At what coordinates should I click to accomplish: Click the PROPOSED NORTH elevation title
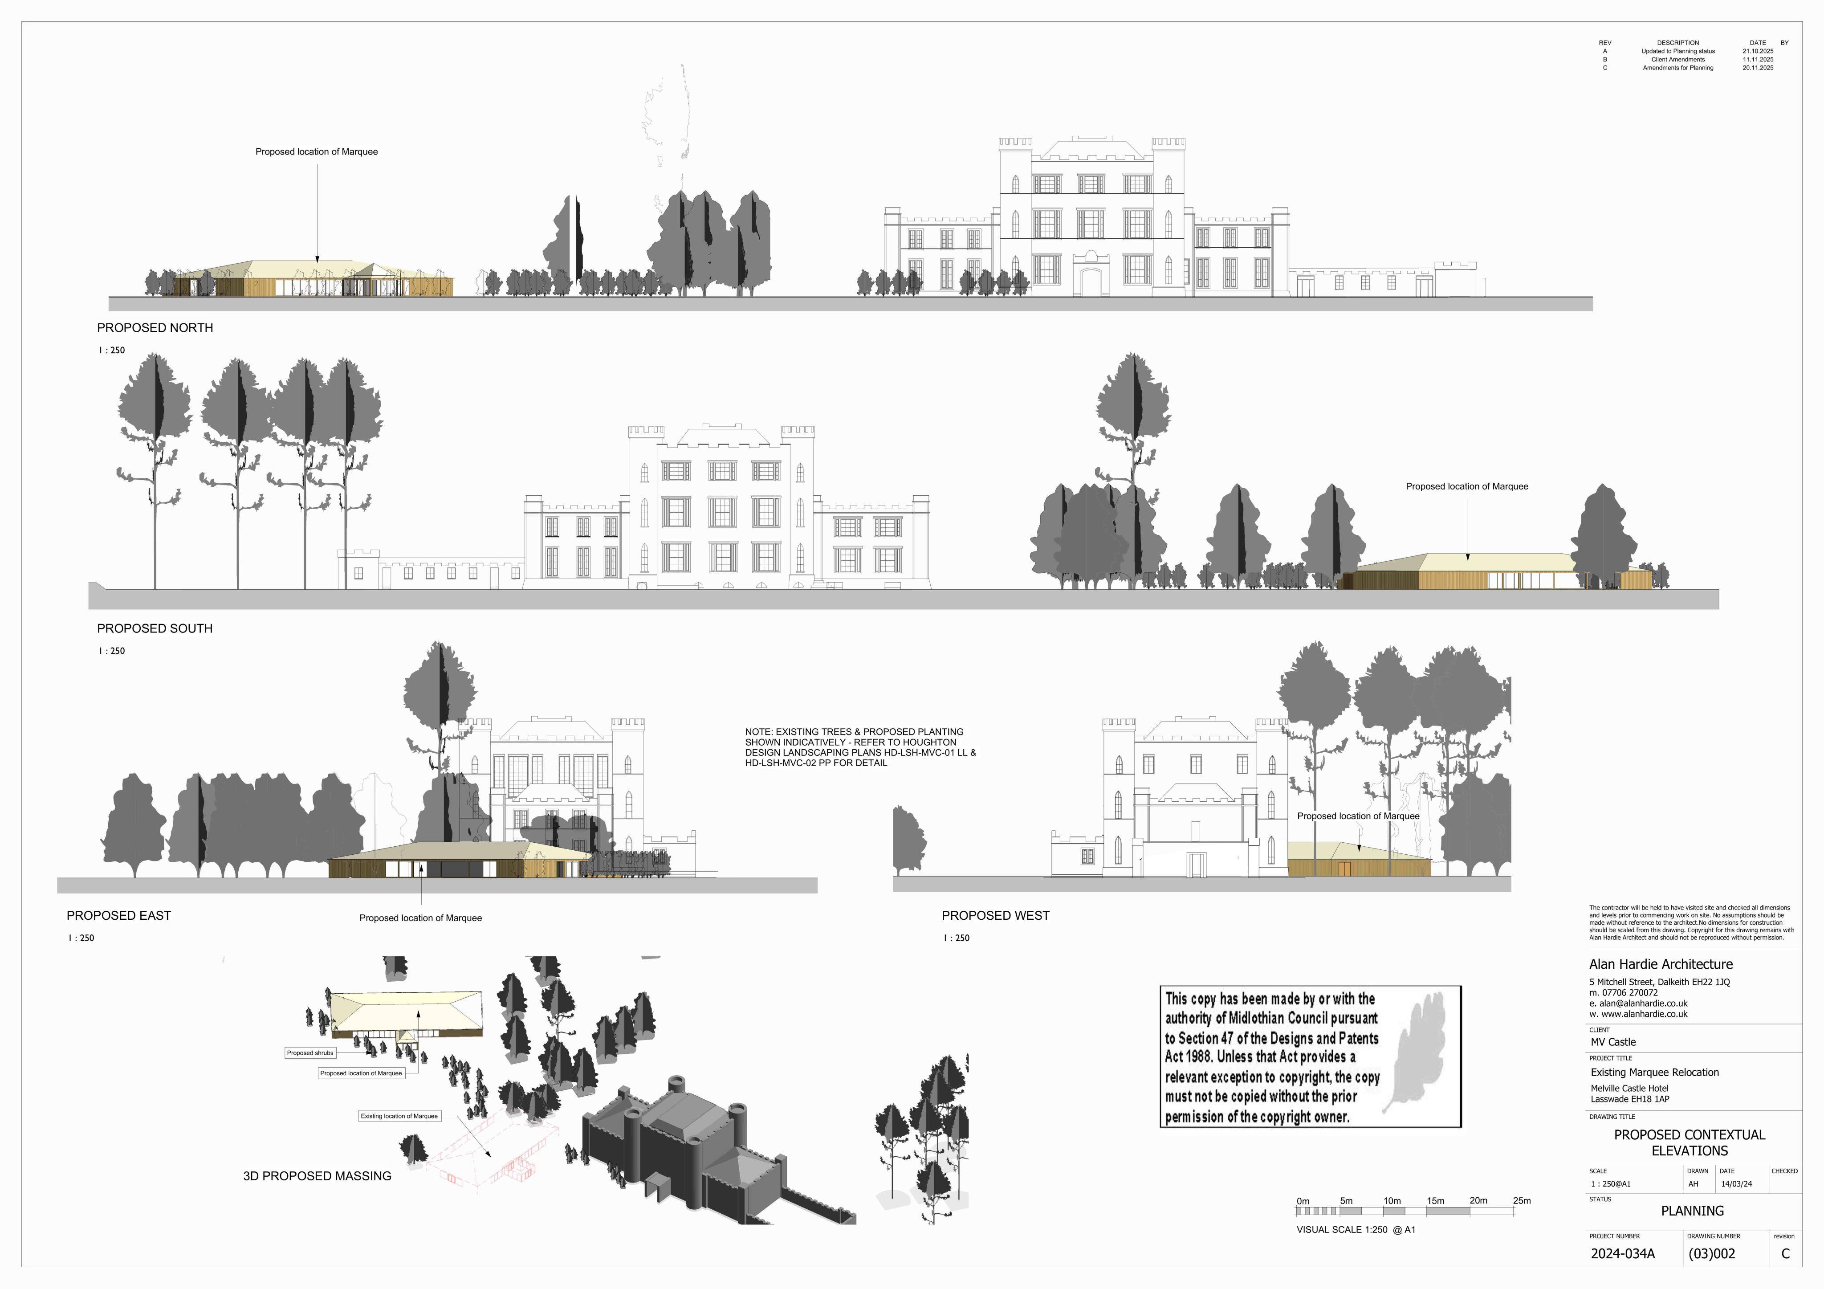click(x=155, y=327)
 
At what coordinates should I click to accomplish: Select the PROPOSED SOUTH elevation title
click(x=155, y=628)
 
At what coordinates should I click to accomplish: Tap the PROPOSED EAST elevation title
click(x=119, y=915)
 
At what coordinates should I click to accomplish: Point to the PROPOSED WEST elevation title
click(x=995, y=915)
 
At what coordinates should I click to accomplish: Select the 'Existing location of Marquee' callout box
click(x=399, y=1116)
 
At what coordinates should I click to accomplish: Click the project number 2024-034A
click(x=1623, y=1254)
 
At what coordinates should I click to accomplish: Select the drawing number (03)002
click(x=1712, y=1254)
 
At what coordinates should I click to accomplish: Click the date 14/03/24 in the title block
click(x=1737, y=1184)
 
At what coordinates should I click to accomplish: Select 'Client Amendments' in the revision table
click(x=1678, y=60)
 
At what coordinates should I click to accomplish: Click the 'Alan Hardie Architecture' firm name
click(x=1661, y=964)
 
